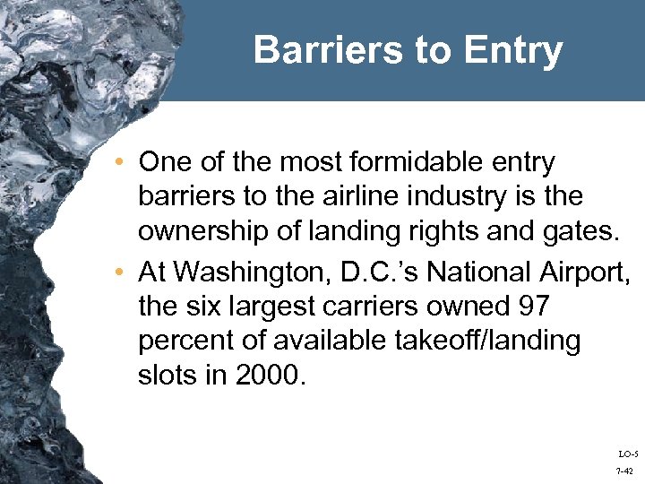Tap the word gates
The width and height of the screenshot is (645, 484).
[584, 231]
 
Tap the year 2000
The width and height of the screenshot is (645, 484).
[271, 375]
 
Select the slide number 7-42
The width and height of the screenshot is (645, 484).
[625, 471]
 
